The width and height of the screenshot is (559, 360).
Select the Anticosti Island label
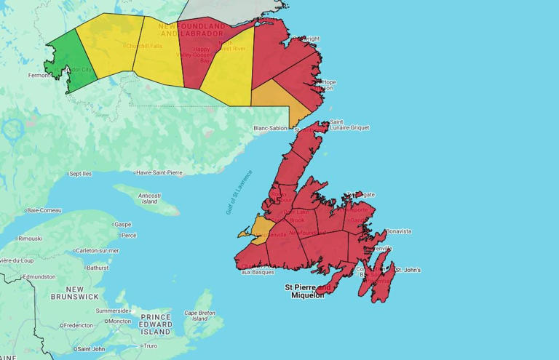[149, 198]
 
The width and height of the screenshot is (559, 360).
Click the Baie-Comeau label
[44, 210]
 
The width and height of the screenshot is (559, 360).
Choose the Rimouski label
[30, 238]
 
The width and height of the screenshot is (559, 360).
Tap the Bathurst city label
[97, 268]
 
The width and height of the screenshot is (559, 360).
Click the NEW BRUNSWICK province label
[74, 293]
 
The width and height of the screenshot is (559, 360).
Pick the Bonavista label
[397, 231]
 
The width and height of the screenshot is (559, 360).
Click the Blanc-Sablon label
[270, 128]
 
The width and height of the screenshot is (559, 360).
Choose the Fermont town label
[39, 75]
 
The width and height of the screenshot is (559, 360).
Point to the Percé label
[129, 235]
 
